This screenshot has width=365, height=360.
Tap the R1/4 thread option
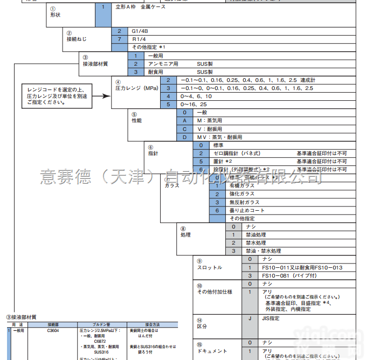(x=139, y=39)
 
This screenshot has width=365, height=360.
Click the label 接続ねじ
(x=76, y=39)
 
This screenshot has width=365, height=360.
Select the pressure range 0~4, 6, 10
(x=192, y=96)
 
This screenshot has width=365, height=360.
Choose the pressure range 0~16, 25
(x=194, y=104)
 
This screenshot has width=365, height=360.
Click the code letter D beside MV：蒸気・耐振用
(x=184, y=137)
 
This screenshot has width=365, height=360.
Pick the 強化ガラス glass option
(x=242, y=194)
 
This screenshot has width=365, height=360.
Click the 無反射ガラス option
(x=244, y=202)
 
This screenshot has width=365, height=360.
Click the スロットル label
(x=209, y=268)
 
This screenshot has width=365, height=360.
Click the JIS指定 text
(x=271, y=319)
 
